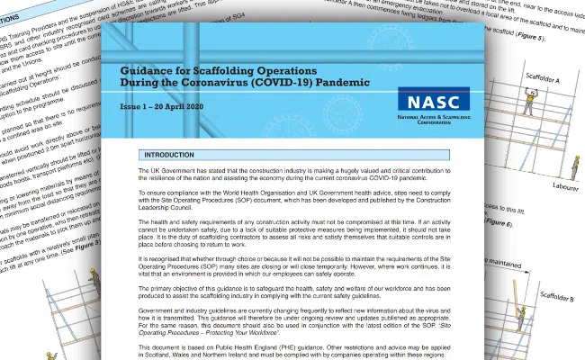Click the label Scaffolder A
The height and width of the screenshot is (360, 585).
pyautogui.click(x=550, y=81)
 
